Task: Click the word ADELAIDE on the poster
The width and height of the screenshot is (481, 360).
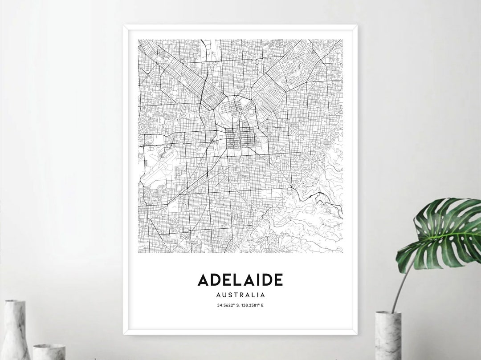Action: [x=240, y=280]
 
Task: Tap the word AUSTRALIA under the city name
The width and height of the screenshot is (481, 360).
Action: [x=240, y=295]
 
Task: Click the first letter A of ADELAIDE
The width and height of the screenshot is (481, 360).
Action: [x=203, y=280]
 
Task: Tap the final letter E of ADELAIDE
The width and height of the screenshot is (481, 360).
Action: [x=278, y=280]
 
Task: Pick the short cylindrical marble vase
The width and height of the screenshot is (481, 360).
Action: [x=49, y=352]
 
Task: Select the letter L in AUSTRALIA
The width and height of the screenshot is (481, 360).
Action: [x=255, y=295]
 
